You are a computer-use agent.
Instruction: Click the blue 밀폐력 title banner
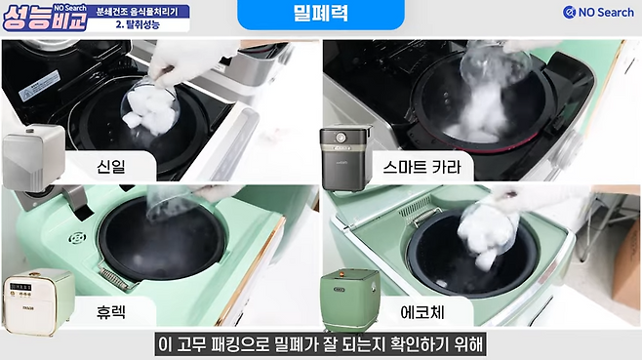click(x=321, y=14)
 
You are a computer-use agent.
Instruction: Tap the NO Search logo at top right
click(x=598, y=13)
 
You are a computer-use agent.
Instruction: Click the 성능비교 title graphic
click(x=45, y=18)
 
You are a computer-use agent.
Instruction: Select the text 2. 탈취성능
click(x=138, y=24)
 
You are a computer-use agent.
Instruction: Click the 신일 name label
click(x=111, y=167)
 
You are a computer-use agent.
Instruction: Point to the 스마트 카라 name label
click(x=422, y=167)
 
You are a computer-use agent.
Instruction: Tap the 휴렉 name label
click(x=111, y=312)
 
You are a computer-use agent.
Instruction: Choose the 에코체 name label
click(x=422, y=312)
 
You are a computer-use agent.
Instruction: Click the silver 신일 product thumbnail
click(x=33, y=157)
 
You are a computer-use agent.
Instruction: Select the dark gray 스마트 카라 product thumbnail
click(x=346, y=158)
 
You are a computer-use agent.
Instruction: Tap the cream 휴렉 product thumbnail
click(x=38, y=301)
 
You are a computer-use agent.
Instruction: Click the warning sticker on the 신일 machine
click(x=39, y=86)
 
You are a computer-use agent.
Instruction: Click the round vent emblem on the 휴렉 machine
click(x=77, y=237)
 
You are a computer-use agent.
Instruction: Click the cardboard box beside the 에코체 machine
click(x=626, y=267)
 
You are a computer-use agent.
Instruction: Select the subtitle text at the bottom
click(x=321, y=344)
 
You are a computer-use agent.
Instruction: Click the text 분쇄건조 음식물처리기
click(x=138, y=12)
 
